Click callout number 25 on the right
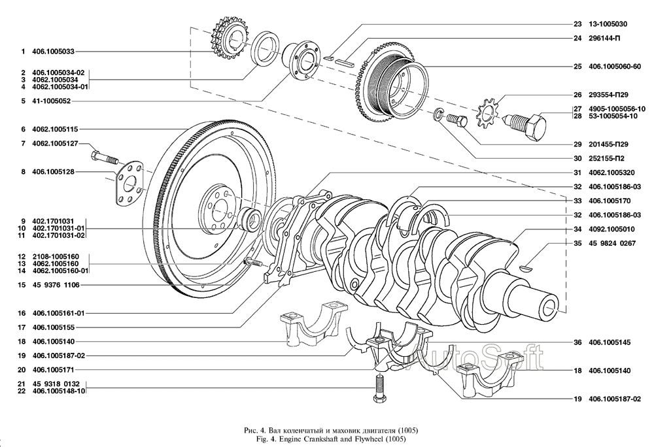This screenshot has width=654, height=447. [x=577, y=66]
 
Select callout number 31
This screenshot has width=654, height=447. [x=577, y=173]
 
